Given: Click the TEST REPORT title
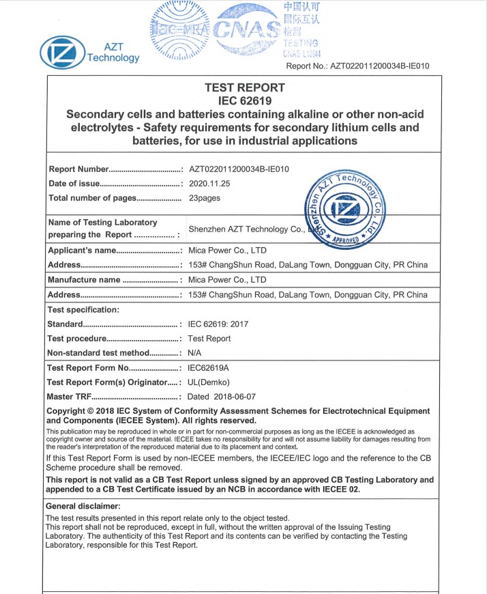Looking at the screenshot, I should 244,87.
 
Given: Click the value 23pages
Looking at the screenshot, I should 205,198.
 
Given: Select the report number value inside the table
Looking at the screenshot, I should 239,169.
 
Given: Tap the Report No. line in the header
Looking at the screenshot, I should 357,66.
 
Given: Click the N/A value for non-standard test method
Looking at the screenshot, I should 195,353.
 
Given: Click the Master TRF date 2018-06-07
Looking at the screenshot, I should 222,397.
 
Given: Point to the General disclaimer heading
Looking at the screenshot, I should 83,506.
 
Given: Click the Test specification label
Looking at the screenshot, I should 83,309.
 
